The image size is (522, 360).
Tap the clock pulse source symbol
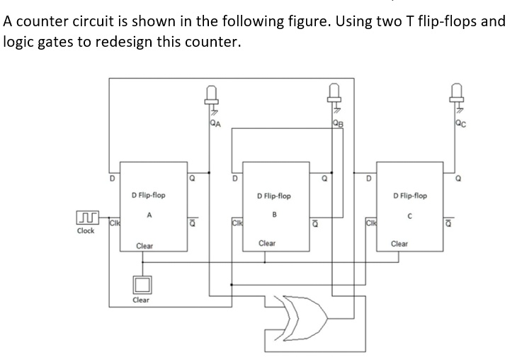(x=86, y=215)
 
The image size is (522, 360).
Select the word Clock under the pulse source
(x=86, y=231)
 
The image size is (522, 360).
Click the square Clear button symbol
(x=141, y=283)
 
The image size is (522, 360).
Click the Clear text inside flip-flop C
(x=399, y=243)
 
